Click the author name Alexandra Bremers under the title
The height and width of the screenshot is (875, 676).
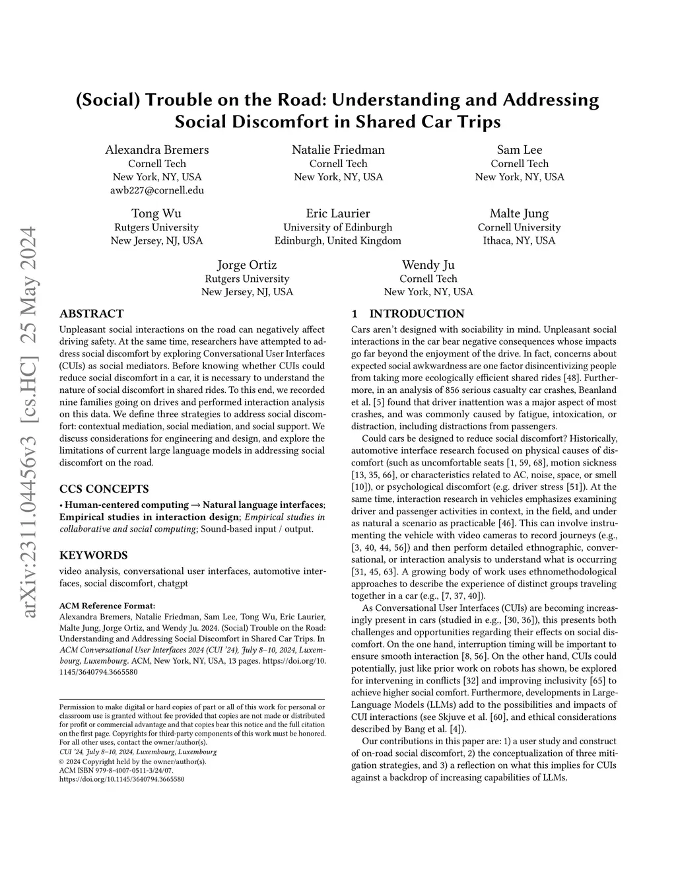(157, 150)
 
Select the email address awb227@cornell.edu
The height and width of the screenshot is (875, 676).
(157, 190)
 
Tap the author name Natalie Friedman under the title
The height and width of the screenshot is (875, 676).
(338, 150)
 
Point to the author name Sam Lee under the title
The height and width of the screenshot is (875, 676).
(520, 150)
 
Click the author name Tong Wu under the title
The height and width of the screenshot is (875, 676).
(156, 213)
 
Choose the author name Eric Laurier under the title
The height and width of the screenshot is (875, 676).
(338, 213)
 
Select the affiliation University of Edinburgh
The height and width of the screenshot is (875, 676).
(338, 227)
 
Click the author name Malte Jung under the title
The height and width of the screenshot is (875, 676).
(519, 213)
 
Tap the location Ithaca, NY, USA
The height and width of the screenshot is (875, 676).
(519, 240)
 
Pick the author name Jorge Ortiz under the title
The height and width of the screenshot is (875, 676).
(247, 265)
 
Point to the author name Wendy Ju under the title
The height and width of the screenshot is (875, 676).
(428, 265)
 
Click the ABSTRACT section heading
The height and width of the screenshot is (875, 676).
(91, 314)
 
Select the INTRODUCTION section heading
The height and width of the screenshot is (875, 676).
(417, 314)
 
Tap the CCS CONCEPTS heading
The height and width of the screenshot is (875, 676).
(104, 489)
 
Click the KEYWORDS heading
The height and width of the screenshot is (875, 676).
(94, 555)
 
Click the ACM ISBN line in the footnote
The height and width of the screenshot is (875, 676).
(116, 770)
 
